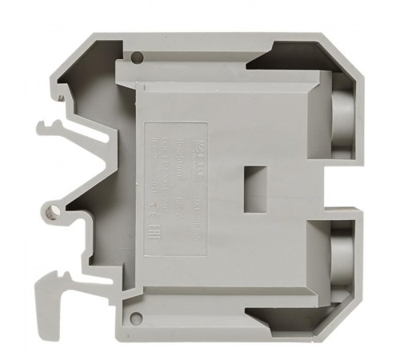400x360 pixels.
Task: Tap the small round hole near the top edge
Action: point(138,57)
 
